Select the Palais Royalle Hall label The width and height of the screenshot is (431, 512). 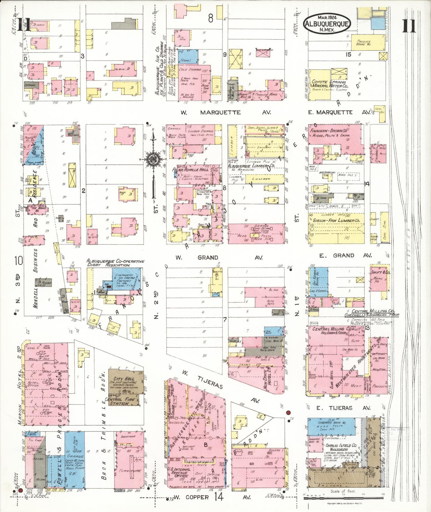tap(190, 169)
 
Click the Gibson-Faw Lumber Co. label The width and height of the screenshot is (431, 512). tap(336, 220)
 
